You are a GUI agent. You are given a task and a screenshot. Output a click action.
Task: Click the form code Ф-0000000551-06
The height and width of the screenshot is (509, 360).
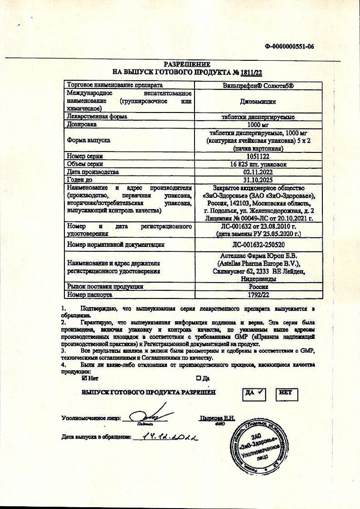click(290, 46)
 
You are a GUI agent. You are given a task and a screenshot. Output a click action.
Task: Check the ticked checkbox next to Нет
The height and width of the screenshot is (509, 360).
click(84, 377)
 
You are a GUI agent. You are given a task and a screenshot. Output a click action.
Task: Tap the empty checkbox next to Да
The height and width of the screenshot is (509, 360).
click(199, 377)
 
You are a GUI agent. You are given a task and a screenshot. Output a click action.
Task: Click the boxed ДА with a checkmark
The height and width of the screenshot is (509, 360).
click(254, 394)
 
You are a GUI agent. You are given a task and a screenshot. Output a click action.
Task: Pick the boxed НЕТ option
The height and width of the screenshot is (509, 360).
click(286, 394)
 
